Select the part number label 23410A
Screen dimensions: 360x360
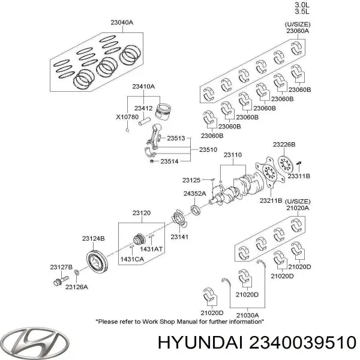tap(144, 86)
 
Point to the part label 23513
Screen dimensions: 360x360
tap(175, 138)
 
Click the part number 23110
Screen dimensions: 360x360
tap(233, 155)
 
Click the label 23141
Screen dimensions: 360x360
tap(179, 237)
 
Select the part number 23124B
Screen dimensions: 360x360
tap(93, 238)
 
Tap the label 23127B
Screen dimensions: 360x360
tap(62, 266)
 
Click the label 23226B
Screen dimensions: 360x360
tap(283, 145)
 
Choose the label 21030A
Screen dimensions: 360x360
tap(247, 314)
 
